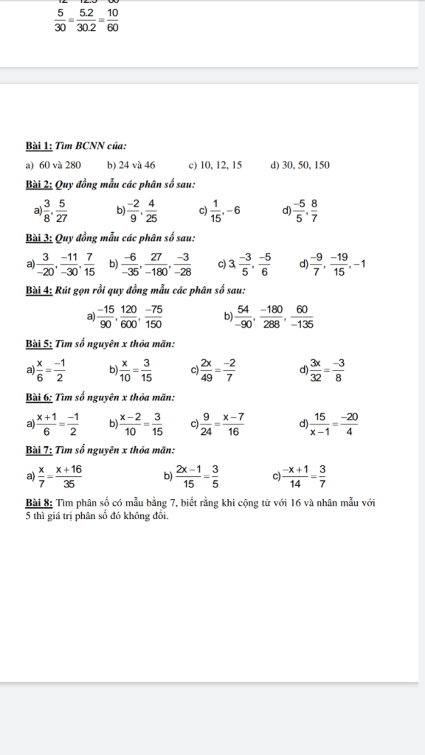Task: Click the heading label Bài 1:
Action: coord(39,146)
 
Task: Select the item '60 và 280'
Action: coord(60,166)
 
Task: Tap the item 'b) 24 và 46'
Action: coord(131,166)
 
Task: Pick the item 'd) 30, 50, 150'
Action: coord(300,166)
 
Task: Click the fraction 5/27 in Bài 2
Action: coord(61,211)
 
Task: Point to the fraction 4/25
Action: coord(151,211)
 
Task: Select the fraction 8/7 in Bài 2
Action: coord(314,211)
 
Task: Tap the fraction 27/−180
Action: coord(156,264)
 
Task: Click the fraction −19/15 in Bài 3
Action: coord(340,264)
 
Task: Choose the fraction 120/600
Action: coord(129,317)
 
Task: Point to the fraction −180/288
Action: coord(271,317)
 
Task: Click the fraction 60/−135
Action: coord(302,317)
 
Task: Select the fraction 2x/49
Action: coord(206,370)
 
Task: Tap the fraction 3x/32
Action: coord(316,370)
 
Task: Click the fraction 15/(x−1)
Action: coord(320,424)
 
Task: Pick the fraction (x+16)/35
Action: coord(69,477)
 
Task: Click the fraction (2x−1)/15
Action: coord(188,477)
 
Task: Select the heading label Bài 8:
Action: coord(39,503)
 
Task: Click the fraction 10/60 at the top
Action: coord(112,20)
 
